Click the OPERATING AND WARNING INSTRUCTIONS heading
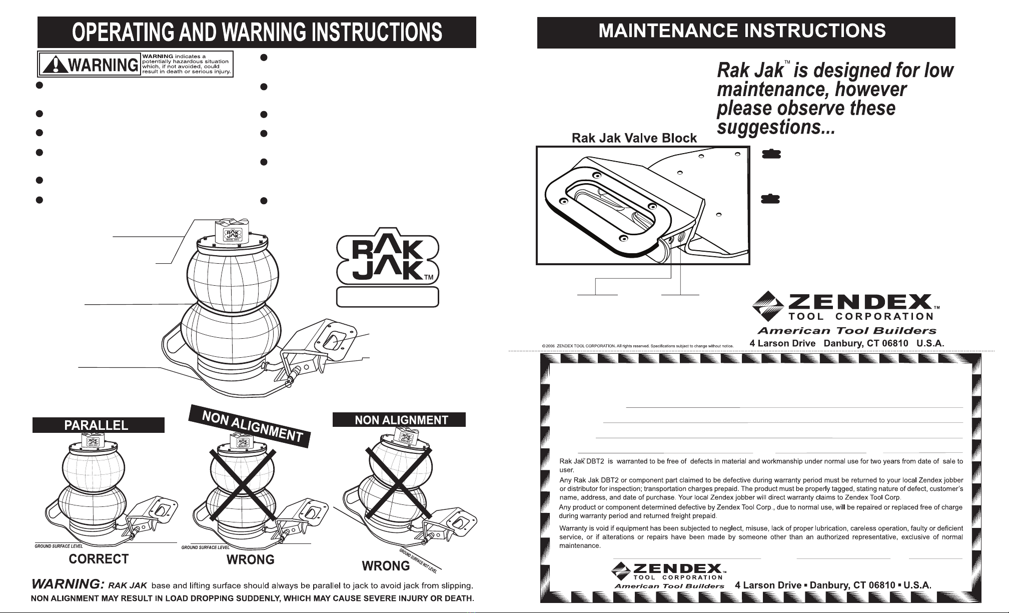tap(257, 33)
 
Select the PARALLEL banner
tap(98, 425)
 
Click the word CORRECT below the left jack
tap(99, 559)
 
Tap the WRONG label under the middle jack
tap(250, 559)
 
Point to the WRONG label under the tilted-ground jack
tap(386, 566)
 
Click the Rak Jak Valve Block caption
tap(634, 138)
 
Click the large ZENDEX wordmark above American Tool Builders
tap(859, 302)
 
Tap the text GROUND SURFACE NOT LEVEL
tap(418, 561)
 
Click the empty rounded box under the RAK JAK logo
tap(388, 297)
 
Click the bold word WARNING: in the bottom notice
tap(68, 584)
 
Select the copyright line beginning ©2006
tap(637, 346)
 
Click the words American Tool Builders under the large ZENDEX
tap(846, 330)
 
